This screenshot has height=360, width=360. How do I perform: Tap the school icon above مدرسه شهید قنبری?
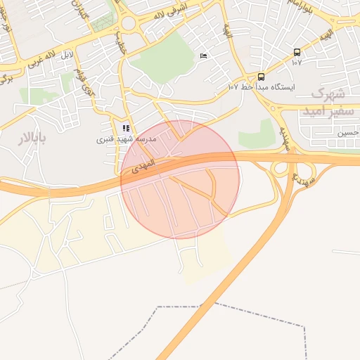126,128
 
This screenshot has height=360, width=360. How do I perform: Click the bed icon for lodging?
204,56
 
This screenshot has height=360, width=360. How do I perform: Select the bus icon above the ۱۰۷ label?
297,52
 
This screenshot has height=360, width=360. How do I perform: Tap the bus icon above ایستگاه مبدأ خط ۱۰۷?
262,76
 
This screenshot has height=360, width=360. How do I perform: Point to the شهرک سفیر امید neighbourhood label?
326,102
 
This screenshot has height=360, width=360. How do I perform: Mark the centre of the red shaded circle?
180,179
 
